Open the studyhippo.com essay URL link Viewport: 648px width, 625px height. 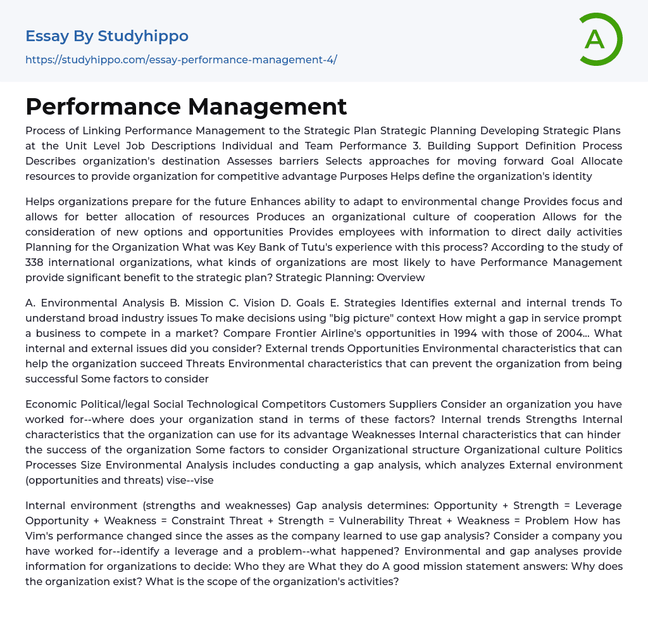point(181,60)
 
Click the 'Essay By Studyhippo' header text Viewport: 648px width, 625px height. point(107,36)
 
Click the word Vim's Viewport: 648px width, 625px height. point(39,536)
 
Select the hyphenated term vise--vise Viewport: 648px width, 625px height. point(189,480)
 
